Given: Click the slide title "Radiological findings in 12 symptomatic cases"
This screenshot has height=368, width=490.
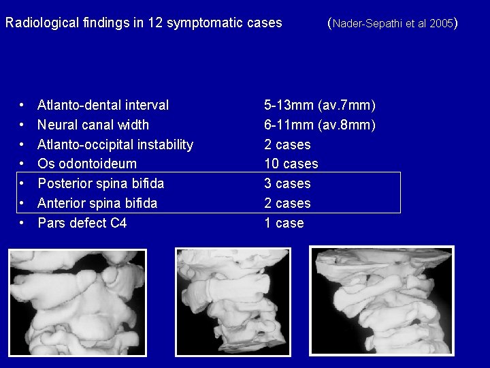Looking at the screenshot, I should click(144, 22).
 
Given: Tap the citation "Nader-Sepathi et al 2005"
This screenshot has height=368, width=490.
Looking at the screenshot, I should click(393, 24).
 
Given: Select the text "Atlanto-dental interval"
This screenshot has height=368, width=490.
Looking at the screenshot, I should click(103, 106).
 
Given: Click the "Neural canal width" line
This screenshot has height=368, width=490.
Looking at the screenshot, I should click(93, 125).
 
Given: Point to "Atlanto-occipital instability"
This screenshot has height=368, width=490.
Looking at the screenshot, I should click(115, 144).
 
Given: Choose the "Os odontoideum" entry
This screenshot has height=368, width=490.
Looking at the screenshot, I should click(87, 164).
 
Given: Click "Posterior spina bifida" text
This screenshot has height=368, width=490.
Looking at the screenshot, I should click(101, 184).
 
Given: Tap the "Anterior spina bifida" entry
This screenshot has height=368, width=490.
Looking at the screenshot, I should click(97, 203).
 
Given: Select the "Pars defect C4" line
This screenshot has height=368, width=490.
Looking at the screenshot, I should click(82, 223).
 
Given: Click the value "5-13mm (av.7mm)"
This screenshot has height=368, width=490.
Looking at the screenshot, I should click(320, 106).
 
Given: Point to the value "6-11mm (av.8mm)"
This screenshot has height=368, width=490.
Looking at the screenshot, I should click(320, 125).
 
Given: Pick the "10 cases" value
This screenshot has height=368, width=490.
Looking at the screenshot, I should click(291, 164).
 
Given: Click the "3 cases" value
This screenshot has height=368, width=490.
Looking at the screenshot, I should click(287, 184).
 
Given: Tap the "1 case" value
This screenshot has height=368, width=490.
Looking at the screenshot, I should click(284, 223).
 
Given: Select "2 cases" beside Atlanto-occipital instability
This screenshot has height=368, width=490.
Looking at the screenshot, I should click(287, 144).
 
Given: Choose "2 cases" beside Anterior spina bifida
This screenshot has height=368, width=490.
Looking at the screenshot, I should click(287, 203).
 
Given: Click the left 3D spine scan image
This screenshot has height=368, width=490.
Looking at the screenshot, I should click(78, 301).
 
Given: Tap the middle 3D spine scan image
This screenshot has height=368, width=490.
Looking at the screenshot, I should click(233, 301).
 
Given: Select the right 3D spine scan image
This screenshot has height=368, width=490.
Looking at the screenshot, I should click(381, 300).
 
